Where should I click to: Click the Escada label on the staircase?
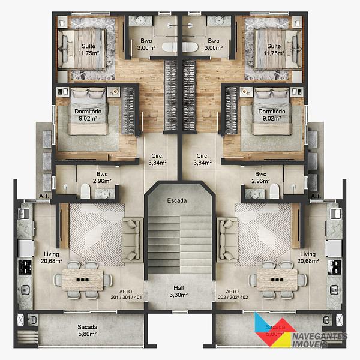[x=177, y=200]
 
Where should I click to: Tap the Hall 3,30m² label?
[x=179, y=292]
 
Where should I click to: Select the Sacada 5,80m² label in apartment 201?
[x=87, y=331]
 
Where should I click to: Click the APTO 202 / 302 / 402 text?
[x=233, y=295]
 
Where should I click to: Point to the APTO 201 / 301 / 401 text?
[x=126, y=295]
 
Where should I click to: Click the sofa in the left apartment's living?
[x=131, y=240]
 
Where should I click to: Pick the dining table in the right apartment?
[x=277, y=280]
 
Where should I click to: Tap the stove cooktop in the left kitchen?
[x=25, y=267]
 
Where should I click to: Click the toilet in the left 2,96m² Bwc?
[x=85, y=191]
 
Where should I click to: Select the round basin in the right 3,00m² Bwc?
[x=219, y=20]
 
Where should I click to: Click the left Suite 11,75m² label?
[x=89, y=50]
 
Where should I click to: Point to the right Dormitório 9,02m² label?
[x=272, y=115]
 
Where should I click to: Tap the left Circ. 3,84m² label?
[x=157, y=159]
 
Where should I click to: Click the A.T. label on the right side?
[x=316, y=196]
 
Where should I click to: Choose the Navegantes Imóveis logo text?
[x=320, y=340]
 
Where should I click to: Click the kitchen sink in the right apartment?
[x=335, y=214]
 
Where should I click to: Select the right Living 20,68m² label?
[x=308, y=257]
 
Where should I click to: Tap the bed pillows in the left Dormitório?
[x=88, y=93]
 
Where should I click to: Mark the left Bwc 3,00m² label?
[x=146, y=44]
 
